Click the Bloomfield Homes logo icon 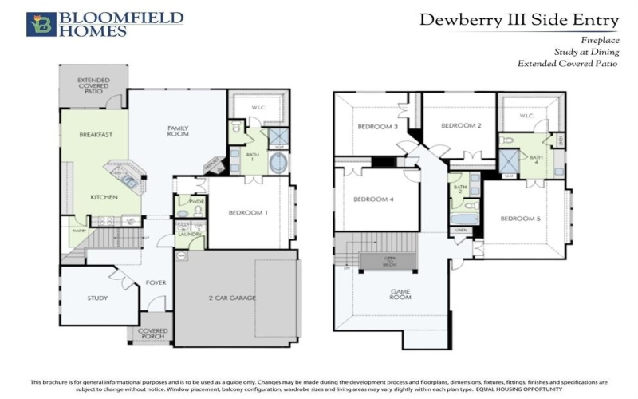(41, 24)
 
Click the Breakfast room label (95, 135)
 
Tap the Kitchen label (104, 196)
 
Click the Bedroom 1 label (249, 212)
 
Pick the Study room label (97, 298)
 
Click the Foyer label (156, 282)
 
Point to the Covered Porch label (153, 334)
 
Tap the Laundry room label (190, 235)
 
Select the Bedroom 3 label (377, 126)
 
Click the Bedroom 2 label (462, 125)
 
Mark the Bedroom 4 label (375, 199)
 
